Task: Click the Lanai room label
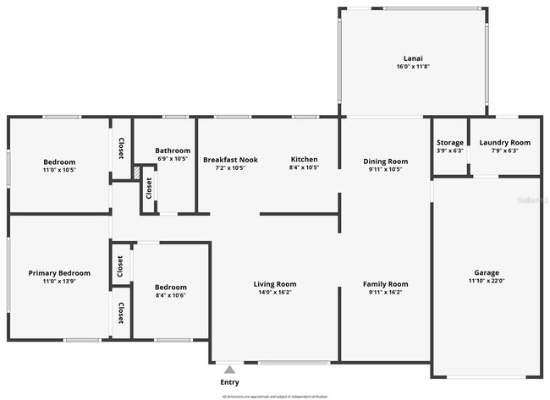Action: click(x=413, y=57)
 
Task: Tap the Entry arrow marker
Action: click(x=229, y=369)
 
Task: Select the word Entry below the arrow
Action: click(x=229, y=382)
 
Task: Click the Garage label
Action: click(x=486, y=272)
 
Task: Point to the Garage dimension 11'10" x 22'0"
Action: click(x=486, y=281)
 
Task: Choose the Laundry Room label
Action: click(x=504, y=142)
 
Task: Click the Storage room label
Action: click(x=449, y=142)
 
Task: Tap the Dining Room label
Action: click(x=385, y=161)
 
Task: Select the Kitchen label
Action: click(x=304, y=159)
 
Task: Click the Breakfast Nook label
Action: click(x=230, y=159)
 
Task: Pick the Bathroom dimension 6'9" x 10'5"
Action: click(x=174, y=158)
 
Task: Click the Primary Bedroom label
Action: click(x=59, y=272)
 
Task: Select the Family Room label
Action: click(x=385, y=284)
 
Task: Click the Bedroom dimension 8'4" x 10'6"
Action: click(x=170, y=296)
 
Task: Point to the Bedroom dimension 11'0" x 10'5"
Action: click(x=59, y=170)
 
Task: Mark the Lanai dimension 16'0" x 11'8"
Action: click(x=413, y=66)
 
